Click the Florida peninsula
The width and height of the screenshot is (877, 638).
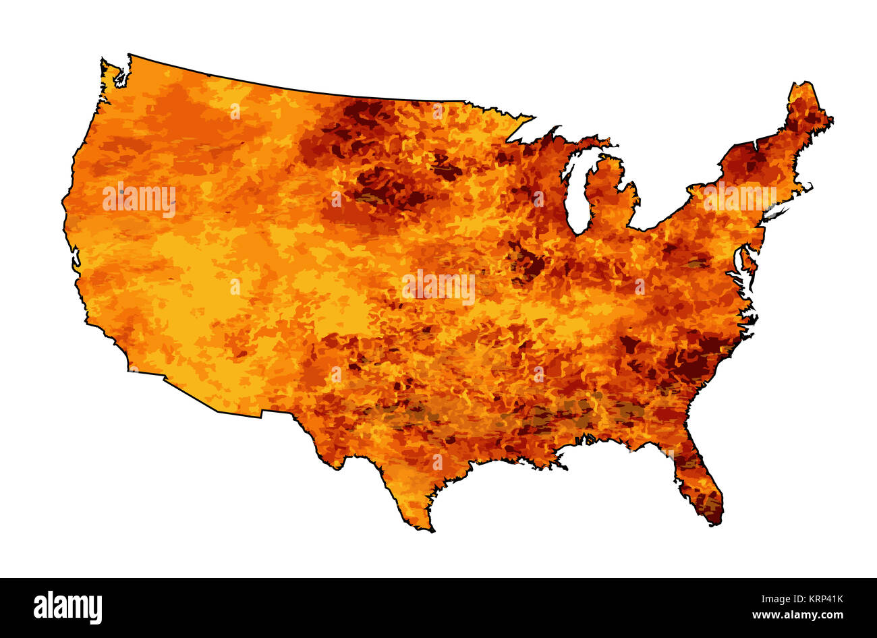[698, 482]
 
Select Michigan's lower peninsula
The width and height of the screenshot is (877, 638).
[611, 196]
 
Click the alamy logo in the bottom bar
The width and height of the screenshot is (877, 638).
[68, 607]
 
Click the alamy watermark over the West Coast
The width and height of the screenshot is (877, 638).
[139, 200]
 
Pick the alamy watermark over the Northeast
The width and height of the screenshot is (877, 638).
[739, 198]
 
